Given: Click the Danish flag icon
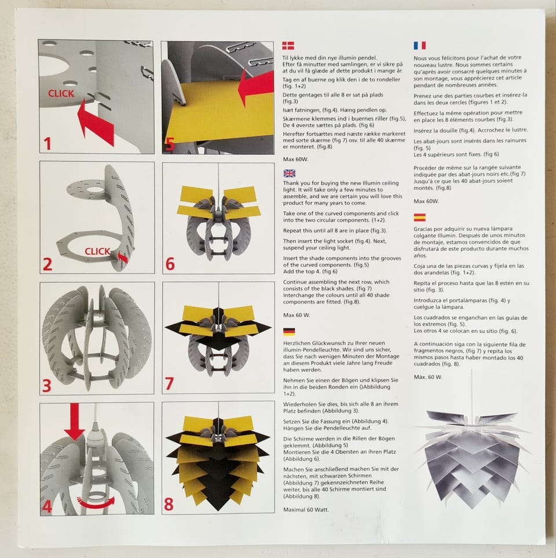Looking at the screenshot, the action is (288, 46).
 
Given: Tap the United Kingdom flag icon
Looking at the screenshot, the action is (290, 173).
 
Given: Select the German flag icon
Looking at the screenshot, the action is (289, 332).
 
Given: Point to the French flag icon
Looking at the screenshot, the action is (419, 46).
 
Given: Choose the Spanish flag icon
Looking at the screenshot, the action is (419, 217).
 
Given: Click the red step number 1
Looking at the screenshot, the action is (47, 144).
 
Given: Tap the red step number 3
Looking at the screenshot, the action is (46, 386).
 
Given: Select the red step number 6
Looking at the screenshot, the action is (170, 264).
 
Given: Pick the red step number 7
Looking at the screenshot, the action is (169, 383).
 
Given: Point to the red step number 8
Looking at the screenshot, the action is (169, 504).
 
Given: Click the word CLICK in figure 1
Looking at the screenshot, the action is (61, 93).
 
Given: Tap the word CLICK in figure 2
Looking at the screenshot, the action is (98, 251).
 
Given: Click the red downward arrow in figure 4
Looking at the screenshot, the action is (75, 422).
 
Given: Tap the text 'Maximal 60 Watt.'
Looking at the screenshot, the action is (306, 510).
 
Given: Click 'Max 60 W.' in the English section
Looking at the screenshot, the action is (297, 315).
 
